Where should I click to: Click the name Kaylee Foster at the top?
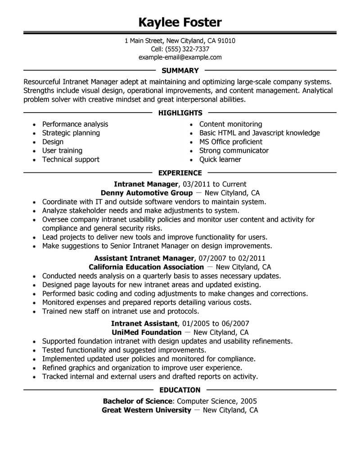pyautogui.click(x=180, y=22)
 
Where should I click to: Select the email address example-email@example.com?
pyautogui.click(x=180, y=57)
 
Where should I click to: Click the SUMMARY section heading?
pyautogui.click(x=180, y=70)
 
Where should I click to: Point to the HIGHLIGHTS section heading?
pyautogui.click(x=180, y=113)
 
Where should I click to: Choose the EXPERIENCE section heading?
pyautogui.click(x=180, y=173)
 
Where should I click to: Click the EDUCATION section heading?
pyautogui.click(x=180, y=390)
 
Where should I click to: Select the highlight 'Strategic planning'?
pyautogui.click(x=71, y=133)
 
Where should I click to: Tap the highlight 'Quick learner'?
pyautogui.click(x=220, y=159)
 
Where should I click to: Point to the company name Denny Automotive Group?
pyautogui.click(x=138, y=193)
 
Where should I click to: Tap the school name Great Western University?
pyautogui.click(x=146, y=410)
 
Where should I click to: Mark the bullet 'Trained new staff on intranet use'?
pyautogui.click(x=121, y=311)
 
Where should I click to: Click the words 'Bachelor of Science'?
pyautogui.click(x=138, y=401)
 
